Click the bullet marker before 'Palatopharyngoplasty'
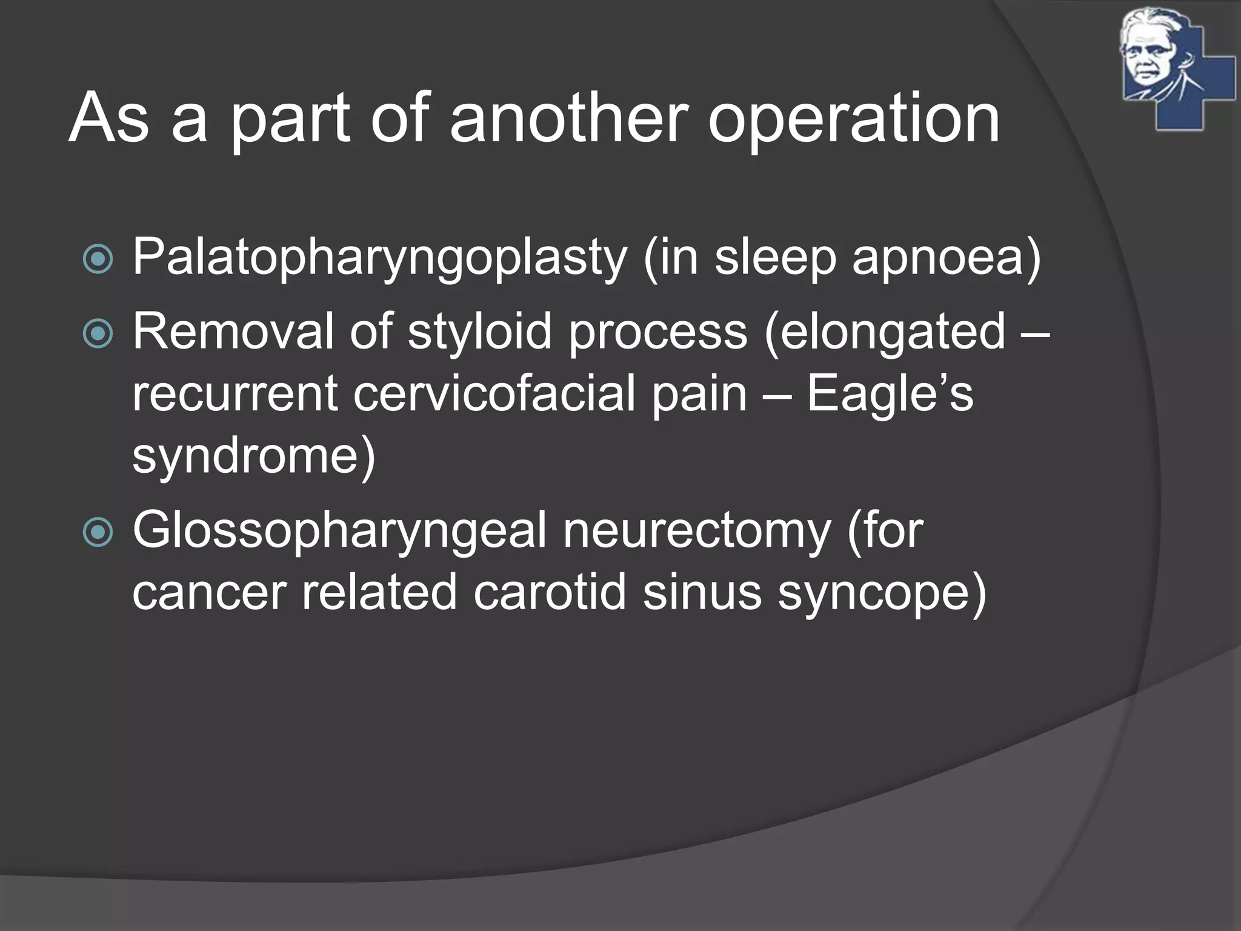coord(98,259)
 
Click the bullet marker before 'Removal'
coord(98,334)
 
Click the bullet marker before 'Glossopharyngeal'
coord(98,532)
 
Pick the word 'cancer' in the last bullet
coord(209,593)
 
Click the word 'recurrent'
coord(235,394)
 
